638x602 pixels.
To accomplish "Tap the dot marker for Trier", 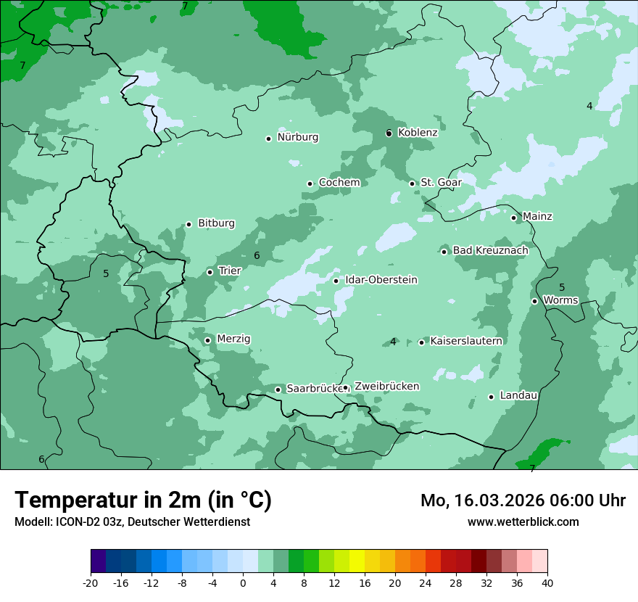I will point(210,273).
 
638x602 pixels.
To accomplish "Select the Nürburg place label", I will point(297,137).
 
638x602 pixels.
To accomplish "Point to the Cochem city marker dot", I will point(310,184).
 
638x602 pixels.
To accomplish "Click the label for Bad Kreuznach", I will point(490,250).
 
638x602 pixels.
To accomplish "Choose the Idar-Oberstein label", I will point(381,280).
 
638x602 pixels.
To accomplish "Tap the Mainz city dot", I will point(514,218).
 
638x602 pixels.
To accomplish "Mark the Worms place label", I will point(560,300).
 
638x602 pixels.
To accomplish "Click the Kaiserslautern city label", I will point(465,341).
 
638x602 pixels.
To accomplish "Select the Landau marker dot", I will point(492,397).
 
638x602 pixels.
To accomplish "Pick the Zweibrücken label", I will point(386,387).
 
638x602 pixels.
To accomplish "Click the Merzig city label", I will point(233,339).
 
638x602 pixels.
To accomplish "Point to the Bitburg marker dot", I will point(189,224).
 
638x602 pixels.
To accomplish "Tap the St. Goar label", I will point(436,182).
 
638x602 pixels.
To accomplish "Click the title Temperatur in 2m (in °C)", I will point(143,500).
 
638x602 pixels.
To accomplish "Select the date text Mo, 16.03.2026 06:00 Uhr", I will point(523,500).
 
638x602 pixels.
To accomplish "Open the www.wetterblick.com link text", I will point(523,522).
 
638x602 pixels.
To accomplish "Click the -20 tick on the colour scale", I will point(91,583).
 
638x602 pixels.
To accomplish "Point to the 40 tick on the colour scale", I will point(547,583).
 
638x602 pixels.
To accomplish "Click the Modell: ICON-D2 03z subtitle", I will point(132,522).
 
